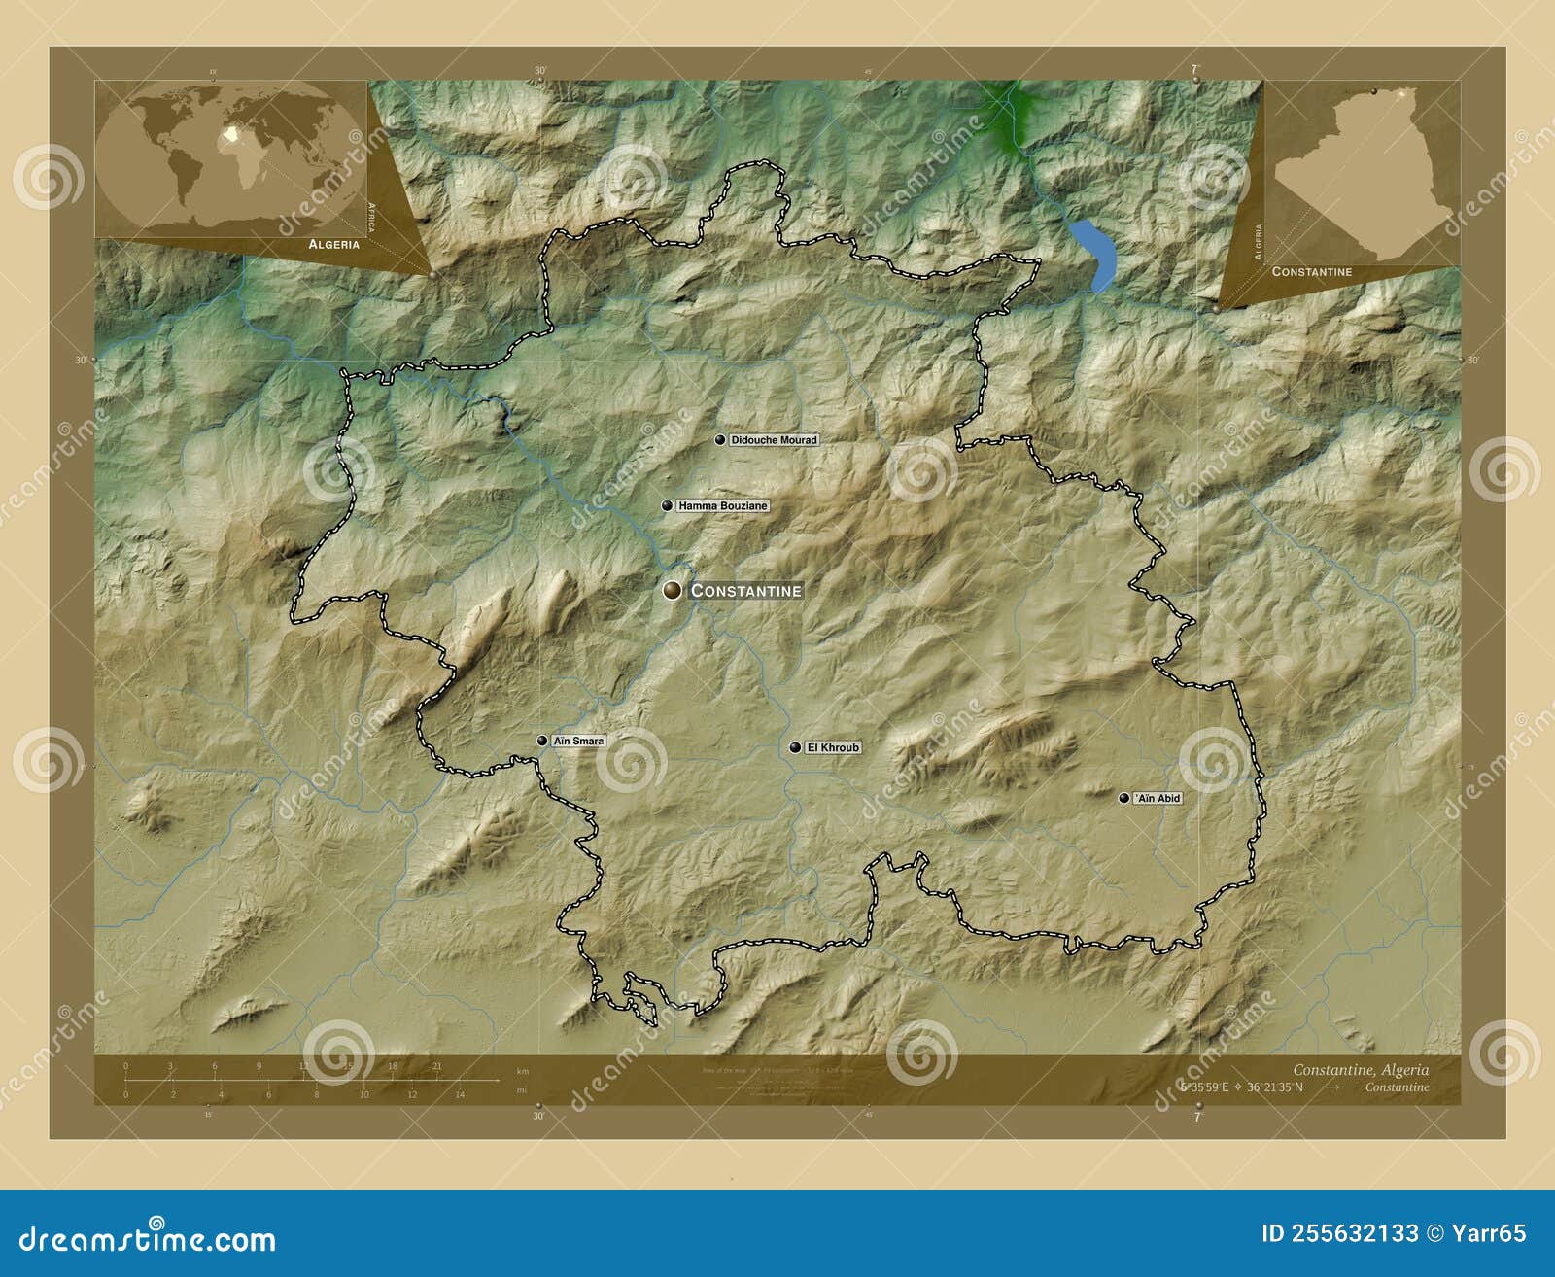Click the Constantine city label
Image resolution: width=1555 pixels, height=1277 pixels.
746,590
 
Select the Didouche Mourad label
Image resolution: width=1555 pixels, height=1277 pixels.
774,440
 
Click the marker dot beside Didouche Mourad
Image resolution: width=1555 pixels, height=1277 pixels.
720,440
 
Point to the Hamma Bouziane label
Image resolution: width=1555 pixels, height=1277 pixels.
723,506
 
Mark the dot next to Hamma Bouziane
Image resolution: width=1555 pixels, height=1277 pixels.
667,506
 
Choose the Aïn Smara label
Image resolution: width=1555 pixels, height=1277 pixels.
578,741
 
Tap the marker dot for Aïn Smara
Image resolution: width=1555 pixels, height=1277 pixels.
542,741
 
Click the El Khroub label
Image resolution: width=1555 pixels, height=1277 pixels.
833,747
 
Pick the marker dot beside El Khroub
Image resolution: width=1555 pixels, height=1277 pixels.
796,747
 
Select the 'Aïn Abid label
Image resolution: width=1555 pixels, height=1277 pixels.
1158,798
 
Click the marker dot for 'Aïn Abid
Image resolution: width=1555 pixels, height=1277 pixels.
1124,798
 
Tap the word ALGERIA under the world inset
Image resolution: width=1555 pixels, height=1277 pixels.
334,245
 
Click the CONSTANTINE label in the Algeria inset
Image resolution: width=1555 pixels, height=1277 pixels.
1312,272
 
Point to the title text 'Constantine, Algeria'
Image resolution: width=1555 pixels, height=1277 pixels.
1361,1070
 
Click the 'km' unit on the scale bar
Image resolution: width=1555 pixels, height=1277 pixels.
522,1071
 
